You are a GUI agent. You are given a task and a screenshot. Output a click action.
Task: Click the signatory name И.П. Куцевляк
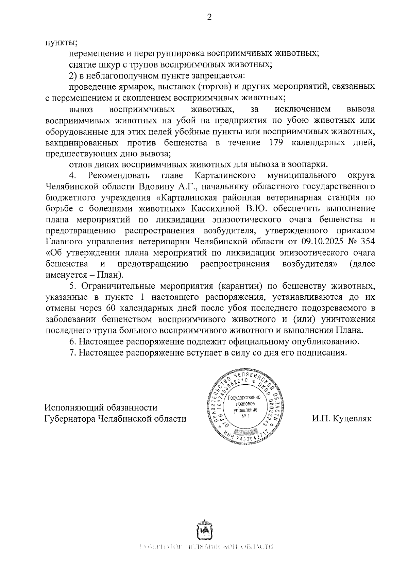342,418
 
